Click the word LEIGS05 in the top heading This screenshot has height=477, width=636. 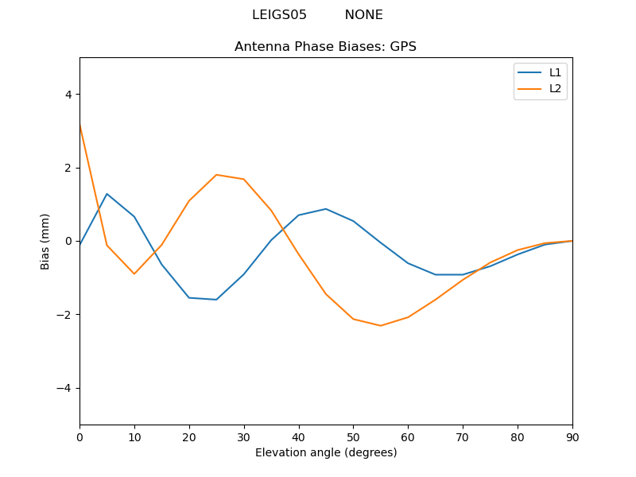(x=279, y=15)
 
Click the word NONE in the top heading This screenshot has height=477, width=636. (x=363, y=15)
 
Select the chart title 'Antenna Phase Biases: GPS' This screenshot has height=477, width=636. (x=325, y=47)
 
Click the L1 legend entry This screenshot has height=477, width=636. (x=555, y=72)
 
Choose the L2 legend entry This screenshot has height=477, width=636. (x=555, y=88)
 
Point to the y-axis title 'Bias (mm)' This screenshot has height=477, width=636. (x=45, y=241)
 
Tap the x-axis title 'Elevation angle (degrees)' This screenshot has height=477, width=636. (x=325, y=453)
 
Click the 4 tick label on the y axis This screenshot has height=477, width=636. (x=68, y=95)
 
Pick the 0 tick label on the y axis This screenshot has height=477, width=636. (x=68, y=241)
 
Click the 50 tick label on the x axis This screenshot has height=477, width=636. (x=353, y=436)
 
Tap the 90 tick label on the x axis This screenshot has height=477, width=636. (x=572, y=436)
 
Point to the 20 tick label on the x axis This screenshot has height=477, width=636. (x=189, y=436)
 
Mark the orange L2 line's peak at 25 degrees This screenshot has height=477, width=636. (x=216, y=175)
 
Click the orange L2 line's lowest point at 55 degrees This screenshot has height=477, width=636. (x=381, y=325)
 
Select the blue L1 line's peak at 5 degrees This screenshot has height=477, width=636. (x=107, y=194)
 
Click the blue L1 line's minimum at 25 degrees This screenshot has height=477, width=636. (x=216, y=300)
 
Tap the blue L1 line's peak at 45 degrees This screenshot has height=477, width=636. (x=326, y=209)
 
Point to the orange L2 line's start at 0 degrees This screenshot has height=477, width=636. (x=79, y=126)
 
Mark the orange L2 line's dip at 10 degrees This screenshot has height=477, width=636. (x=134, y=274)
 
